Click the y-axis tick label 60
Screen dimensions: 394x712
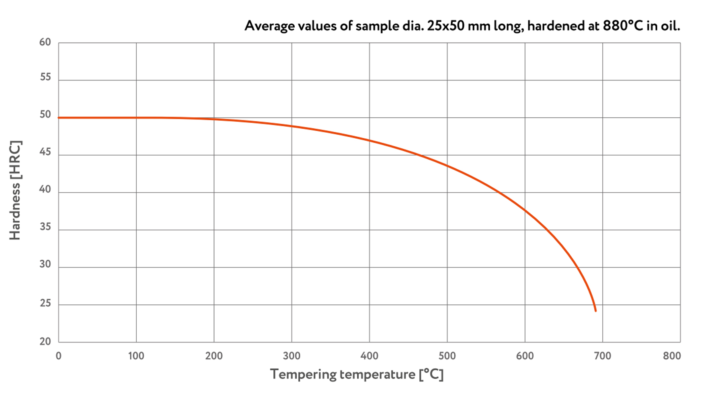[x=45, y=42]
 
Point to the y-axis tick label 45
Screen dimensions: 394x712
[x=45, y=152]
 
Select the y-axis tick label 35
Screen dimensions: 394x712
[x=45, y=227]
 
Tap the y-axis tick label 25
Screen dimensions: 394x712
[x=45, y=303]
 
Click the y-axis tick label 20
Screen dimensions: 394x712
[x=45, y=341]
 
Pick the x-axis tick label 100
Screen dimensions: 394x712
[x=136, y=356]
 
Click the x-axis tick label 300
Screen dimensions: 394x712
[x=291, y=356]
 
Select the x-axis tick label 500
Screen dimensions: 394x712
[x=447, y=356]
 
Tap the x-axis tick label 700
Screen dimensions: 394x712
[x=602, y=356]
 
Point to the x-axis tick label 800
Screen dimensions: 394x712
[x=672, y=356]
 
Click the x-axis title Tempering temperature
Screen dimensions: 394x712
[x=357, y=374]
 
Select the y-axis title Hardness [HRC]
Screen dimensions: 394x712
[x=15, y=190]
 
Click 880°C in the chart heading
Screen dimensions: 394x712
[x=623, y=26]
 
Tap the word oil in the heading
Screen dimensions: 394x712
[x=670, y=26]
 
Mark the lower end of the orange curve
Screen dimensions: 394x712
[x=595, y=311]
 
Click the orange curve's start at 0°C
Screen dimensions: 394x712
[x=59, y=118]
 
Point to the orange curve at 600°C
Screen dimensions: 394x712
[x=525, y=210]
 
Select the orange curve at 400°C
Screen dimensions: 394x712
[x=369, y=140]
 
